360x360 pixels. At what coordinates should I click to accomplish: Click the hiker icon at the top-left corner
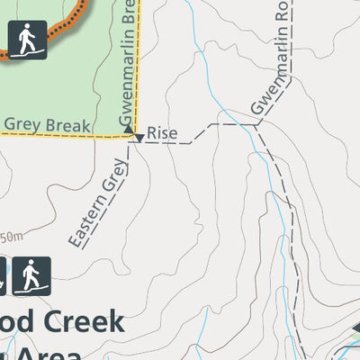click(26, 40)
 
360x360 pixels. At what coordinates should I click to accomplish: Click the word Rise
click(163, 133)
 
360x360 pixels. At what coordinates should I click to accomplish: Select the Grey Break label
click(47, 125)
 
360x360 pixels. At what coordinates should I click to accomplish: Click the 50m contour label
click(12, 238)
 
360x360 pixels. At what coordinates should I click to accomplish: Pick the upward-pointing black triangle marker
click(130, 131)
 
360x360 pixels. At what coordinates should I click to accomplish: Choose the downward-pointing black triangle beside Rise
click(139, 138)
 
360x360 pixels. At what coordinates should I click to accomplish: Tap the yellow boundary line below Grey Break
click(54, 137)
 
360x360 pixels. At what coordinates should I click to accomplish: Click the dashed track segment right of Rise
click(216, 125)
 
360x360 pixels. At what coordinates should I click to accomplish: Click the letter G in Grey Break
click(12, 125)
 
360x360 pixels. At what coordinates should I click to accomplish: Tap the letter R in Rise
click(152, 133)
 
